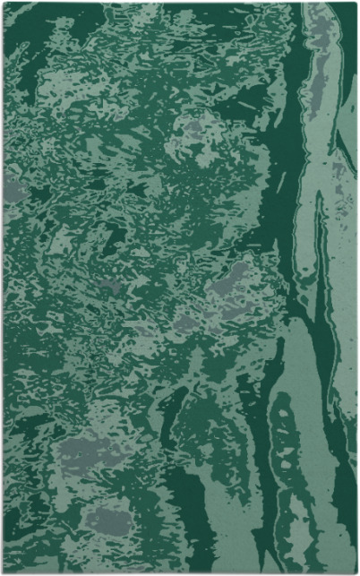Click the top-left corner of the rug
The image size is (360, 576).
coord(4,3)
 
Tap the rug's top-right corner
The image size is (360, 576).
coord(356,4)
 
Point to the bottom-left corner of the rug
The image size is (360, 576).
coord(4,572)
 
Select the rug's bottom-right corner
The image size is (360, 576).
coord(356,572)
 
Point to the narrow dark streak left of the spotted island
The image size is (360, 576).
coord(260,466)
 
